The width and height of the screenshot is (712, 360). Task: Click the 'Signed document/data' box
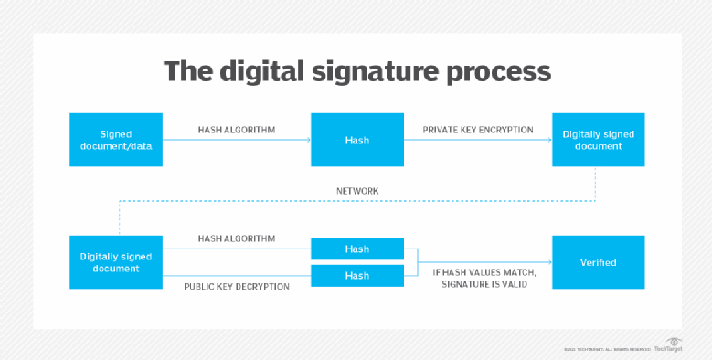click(116, 140)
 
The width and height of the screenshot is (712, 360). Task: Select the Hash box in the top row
click(357, 140)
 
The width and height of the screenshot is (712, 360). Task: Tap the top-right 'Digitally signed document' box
click(598, 140)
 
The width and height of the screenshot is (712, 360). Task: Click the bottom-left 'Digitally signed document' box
click(116, 262)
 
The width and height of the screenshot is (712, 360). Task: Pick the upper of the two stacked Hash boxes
click(357, 249)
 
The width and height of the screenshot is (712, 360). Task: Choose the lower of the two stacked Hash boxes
click(357, 275)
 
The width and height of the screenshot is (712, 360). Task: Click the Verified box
click(598, 262)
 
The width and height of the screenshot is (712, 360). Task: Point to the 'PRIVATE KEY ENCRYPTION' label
click(477, 130)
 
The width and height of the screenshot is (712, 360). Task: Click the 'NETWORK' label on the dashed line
click(357, 191)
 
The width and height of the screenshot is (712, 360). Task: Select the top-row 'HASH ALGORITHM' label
click(237, 130)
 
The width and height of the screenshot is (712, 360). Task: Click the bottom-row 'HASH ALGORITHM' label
click(237, 238)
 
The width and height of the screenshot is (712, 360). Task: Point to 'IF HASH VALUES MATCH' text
click(484, 272)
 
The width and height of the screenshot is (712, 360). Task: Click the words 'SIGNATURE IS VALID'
click(484, 286)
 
